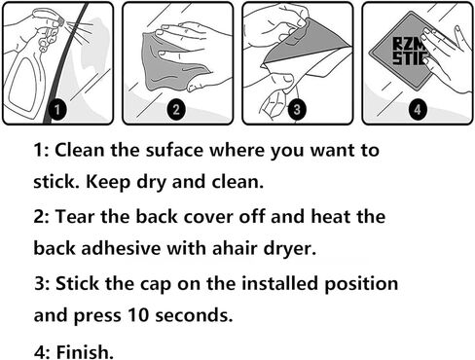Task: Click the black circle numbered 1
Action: [57, 110]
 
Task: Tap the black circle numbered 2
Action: [176, 109]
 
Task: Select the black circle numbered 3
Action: [297, 109]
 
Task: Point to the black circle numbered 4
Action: [418, 109]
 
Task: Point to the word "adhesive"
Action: [121, 248]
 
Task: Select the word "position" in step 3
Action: [361, 284]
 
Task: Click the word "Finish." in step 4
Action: [85, 352]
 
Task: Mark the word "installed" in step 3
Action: [279, 283]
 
